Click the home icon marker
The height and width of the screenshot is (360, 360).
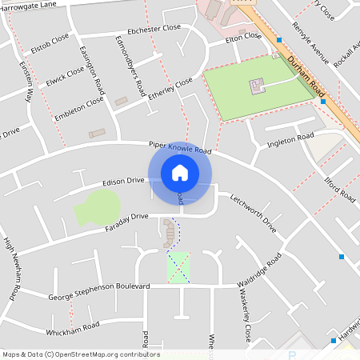click(180, 172)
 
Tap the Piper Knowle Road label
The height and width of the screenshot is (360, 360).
click(180, 148)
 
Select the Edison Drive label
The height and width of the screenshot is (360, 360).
click(123, 182)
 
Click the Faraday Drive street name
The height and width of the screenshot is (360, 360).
click(116, 222)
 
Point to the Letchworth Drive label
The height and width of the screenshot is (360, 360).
click(253, 214)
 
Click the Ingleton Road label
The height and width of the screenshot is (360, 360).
click(290, 141)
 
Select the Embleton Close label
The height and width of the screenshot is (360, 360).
click(78, 107)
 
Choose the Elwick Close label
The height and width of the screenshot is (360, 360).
click(65, 75)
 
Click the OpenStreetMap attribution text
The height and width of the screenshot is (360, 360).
click(80, 354)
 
